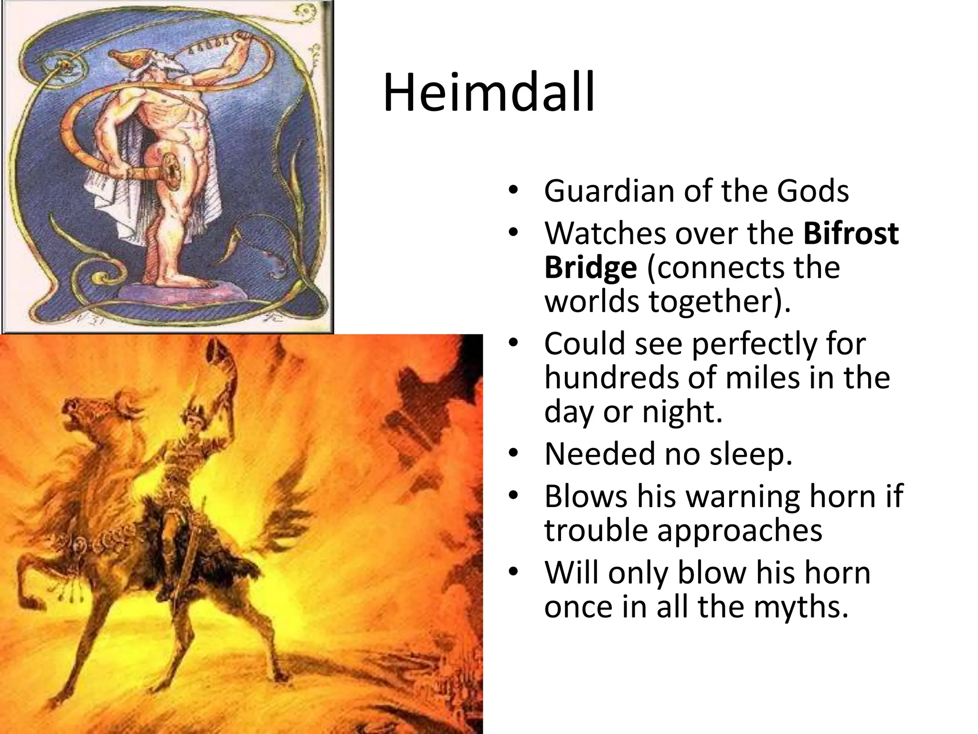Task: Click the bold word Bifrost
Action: tap(851, 233)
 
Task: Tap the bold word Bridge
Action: tap(590, 268)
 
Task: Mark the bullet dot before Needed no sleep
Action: tap(513, 453)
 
